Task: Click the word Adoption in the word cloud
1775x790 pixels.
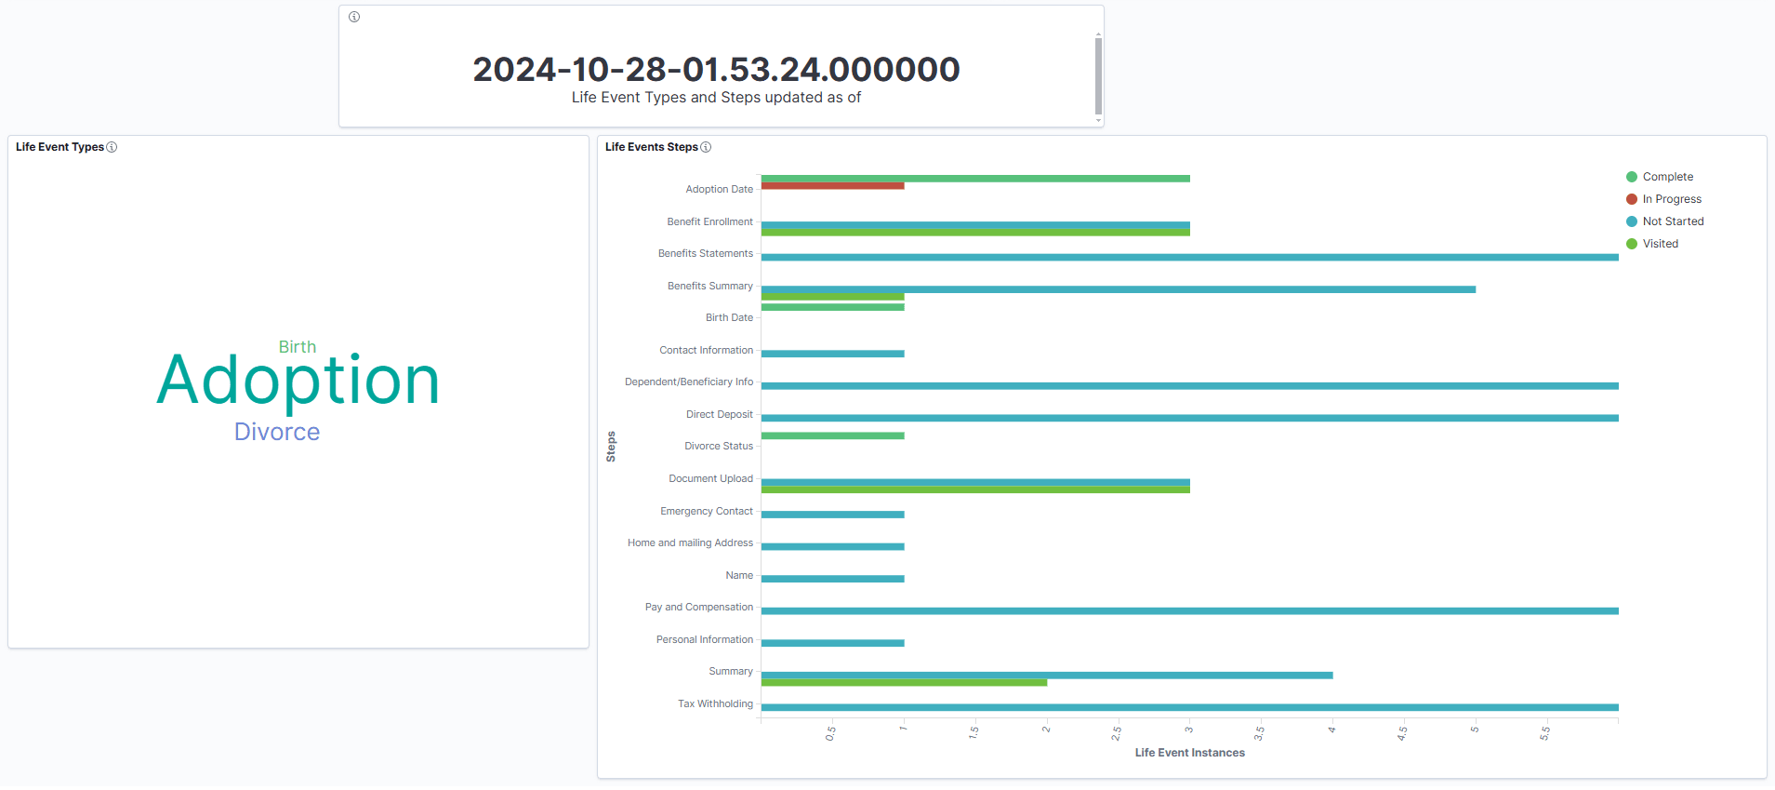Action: pyautogui.click(x=298, y=381)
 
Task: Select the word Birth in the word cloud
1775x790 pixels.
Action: pyautogui.click(x=298, y=347)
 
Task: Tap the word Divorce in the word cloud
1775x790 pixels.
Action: pyautogui.click(x=277, y=432)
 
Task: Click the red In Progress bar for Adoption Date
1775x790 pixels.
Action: pyautogui.click(x=832, y=186)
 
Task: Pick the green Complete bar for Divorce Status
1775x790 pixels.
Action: pyautogui.click(x=832, y=435)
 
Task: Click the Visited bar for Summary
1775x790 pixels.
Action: pyautogui.click(x=904, y=683)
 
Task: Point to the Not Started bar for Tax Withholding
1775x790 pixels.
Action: pyautogui.click(x=1189, y=707)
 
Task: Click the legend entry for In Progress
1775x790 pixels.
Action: pyautogui.click(x=1671, y=199)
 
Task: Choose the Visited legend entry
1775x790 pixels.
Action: pyautogui.click(x=1660, y=244)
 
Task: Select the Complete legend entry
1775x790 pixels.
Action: pyautogui.click(x=1667, y=177)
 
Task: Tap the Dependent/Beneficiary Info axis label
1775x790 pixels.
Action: pyautogui.click(x=689, y=382)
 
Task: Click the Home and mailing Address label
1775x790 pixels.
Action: pyautogui.click(x=690, y=543)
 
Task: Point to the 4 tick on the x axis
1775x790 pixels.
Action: pyautogui.click(x=1331, y=730)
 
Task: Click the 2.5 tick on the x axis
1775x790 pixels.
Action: pyautogui.click(x=1117, y=733)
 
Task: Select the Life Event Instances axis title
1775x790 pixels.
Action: pyautogui.click(x=1189, y=753)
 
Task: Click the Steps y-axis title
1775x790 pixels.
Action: pyautogui.click(x=611, y=447)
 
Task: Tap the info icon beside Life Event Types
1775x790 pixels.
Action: pyautogui.click(x=112, y=147)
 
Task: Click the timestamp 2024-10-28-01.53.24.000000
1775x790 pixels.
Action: pyautogui.click(x=716, y=70)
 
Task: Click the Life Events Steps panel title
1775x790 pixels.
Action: pyautogui.click(x=651, y=147)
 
